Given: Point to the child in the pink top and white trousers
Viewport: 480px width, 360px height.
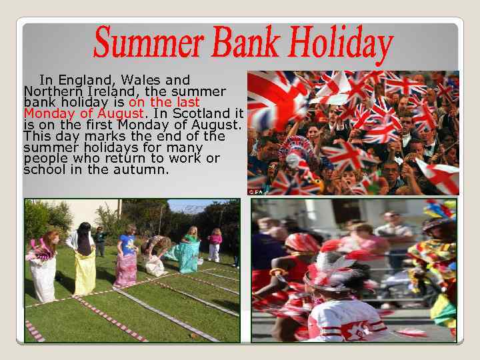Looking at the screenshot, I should coord(215,245).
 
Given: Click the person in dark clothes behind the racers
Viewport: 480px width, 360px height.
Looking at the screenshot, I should coord(99,241).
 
